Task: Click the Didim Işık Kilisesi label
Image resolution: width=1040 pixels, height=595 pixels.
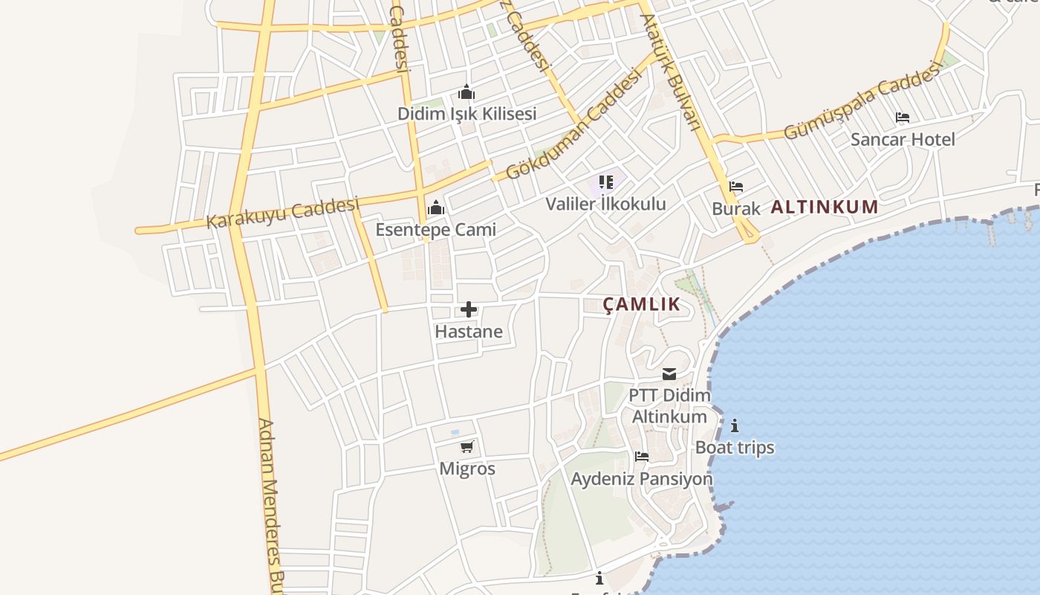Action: click(467, 114)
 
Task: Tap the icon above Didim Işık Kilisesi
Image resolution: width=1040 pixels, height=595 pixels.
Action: click(467, 93)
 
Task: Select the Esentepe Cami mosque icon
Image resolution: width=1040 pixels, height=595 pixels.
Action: click(436, 208)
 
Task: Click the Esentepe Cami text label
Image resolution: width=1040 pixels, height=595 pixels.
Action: click(435, 229)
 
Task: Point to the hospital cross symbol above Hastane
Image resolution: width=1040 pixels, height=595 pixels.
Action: click(469, 309)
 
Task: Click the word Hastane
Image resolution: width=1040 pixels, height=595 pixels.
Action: click(469, 331)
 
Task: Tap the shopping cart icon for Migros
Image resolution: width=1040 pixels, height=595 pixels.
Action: click(467, 447)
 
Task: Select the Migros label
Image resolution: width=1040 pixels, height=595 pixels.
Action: click(467, 469)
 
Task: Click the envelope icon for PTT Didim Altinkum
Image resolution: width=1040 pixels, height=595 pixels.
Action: click(669, 374)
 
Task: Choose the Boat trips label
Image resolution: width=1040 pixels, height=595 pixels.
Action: click(735, 447)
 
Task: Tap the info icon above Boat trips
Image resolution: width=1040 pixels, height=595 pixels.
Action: click(735, 425)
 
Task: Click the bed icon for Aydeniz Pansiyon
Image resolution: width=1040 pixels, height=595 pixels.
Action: click(642, 457)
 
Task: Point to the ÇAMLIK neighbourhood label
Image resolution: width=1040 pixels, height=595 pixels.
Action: click(641, 303)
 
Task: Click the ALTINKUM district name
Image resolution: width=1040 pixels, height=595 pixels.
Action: click(825, 207)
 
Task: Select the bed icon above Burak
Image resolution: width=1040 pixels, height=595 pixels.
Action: click(736, 187)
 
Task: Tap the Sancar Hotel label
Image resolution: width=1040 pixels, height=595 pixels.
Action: click(903, 139)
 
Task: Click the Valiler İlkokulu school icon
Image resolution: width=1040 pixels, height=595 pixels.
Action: click(606, 182)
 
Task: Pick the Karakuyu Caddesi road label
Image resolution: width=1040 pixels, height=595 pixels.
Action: click(282, 213)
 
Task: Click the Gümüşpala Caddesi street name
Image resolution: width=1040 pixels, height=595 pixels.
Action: click(862, 106)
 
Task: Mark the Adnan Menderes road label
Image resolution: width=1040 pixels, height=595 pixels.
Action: click(271, 506)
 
